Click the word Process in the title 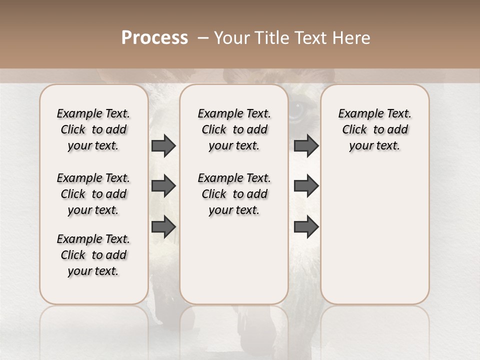[154, 38]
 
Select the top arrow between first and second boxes [163, 146]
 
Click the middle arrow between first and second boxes [163, 186]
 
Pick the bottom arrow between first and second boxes [163, 226]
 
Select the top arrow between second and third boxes [306, 146]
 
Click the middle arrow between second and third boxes [306, 186]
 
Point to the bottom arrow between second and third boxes [306, 226]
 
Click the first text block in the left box [93, 129]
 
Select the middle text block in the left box [93, 194]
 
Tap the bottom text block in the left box [93, 255]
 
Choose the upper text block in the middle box [234, 129]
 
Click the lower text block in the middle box [234, 194]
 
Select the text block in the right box [374, 129]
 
